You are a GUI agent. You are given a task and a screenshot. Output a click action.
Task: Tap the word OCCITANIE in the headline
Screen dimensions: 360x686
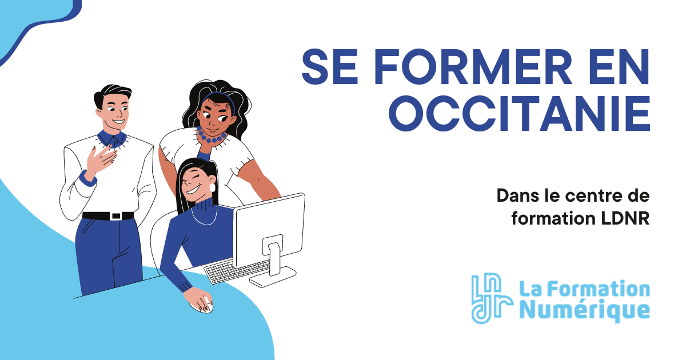(x=520, y=113)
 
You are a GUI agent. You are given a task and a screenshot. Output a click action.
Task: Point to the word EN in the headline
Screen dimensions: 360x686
(x=616, y=66)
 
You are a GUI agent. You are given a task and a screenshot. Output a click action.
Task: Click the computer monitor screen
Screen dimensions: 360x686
(x=269, y=229)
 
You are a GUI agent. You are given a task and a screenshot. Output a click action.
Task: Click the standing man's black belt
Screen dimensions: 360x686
(x=108, y=216)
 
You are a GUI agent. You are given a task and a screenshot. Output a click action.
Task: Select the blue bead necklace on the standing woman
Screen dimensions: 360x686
(x=212, y=138)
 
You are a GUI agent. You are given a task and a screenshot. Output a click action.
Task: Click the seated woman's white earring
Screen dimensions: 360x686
(x=213, y=187)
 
